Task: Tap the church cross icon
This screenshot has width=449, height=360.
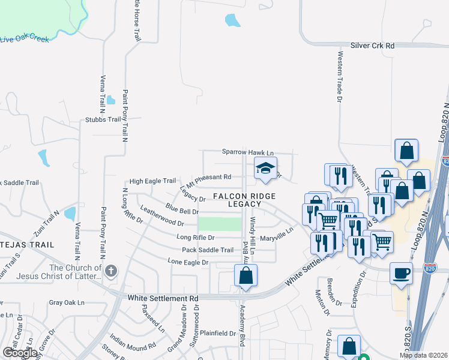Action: pyautogui.click(x=110, y=272)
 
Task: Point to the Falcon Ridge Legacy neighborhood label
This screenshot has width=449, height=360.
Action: pyautogui.click(x=244, y=200)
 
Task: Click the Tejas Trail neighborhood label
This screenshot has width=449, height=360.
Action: pyautogui.click(x=28, y=245)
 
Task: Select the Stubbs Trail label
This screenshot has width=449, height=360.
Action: pyautogui.click(x=103, y=119)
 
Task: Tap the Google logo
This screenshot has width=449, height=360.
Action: pyautogui.click(x=20, y=353)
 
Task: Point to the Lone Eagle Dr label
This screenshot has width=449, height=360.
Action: pyautogui.click(x=188, y=262)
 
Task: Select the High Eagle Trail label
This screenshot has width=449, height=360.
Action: pyautogui.click(x=152, y=181)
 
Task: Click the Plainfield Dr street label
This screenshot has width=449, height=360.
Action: pyautogui.click(x=218, y=333)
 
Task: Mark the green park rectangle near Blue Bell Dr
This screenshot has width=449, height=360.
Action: pyautogui.click(x=219, y=224)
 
